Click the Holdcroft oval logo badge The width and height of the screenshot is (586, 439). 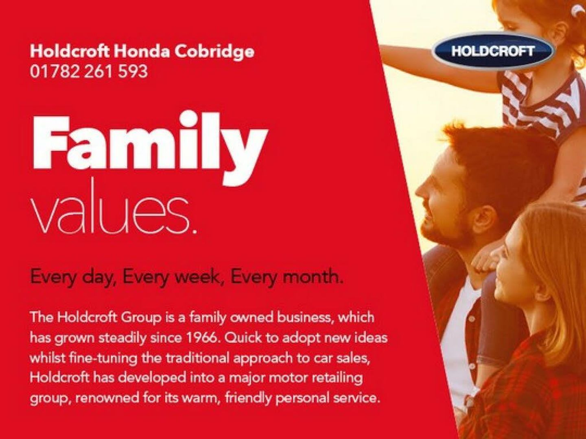[x=493, y=51]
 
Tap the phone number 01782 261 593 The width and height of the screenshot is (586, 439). [x=89, y=72]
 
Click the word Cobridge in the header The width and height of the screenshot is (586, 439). [x=214, y=52]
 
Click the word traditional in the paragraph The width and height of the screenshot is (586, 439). [x=197, y=358]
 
